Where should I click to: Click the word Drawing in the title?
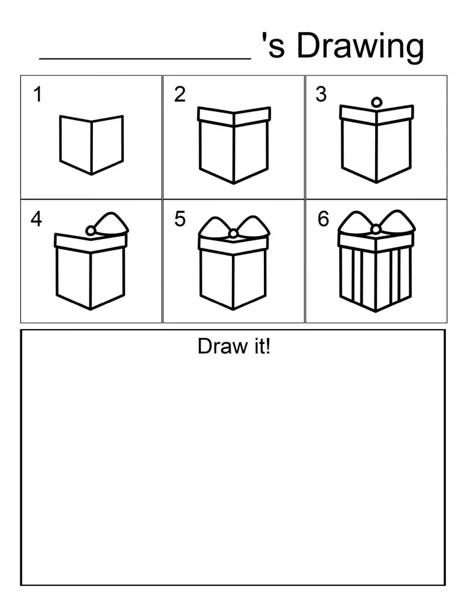point(360,46)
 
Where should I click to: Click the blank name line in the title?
point(146,57)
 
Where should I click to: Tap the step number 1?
point(38,94)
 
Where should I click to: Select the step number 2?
point(180,94)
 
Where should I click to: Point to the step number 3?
point(321,94)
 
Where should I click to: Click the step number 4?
point(37,220)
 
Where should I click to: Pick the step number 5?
point(180,219)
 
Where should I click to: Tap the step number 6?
point(323,219)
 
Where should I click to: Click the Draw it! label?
point(234,346)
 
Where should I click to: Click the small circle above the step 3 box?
point(376,103)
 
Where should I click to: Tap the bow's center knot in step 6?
point(376,230)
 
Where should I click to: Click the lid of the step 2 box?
point(234,116)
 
